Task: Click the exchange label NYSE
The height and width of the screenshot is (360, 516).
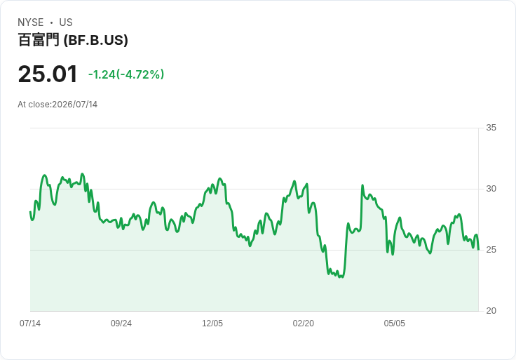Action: (31, 22)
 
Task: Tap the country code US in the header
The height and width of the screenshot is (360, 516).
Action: (66, 22)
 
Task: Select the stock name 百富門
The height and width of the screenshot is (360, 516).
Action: (39, 40)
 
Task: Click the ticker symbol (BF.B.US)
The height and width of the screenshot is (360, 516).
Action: (96, 40)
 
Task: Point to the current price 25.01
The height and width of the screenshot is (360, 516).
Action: (48, 74)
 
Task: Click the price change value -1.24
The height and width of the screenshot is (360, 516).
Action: (102, 74)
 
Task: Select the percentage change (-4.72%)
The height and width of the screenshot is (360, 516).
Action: (140, 74)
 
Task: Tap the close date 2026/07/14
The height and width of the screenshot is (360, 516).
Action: (75, 105)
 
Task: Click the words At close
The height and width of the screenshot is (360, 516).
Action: (34, 105)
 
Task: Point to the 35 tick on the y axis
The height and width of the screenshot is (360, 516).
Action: (491, 128)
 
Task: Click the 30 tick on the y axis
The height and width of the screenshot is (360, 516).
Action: (491, 189)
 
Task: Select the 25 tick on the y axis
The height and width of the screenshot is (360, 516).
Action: (491, 250)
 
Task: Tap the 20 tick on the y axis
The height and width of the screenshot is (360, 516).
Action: (491, 311)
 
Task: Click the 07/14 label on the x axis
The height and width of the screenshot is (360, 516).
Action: (30, 324)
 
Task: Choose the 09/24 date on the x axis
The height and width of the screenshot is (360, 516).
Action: (121, 324)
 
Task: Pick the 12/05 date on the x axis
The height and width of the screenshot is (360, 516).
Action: (212, 324)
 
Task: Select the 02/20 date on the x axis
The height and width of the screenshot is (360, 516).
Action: (304, 324)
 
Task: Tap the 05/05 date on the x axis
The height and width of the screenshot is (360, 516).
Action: (395, 324)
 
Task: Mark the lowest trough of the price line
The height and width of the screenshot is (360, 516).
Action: (343, 277)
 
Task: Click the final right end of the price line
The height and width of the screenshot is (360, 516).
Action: (478, 249)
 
